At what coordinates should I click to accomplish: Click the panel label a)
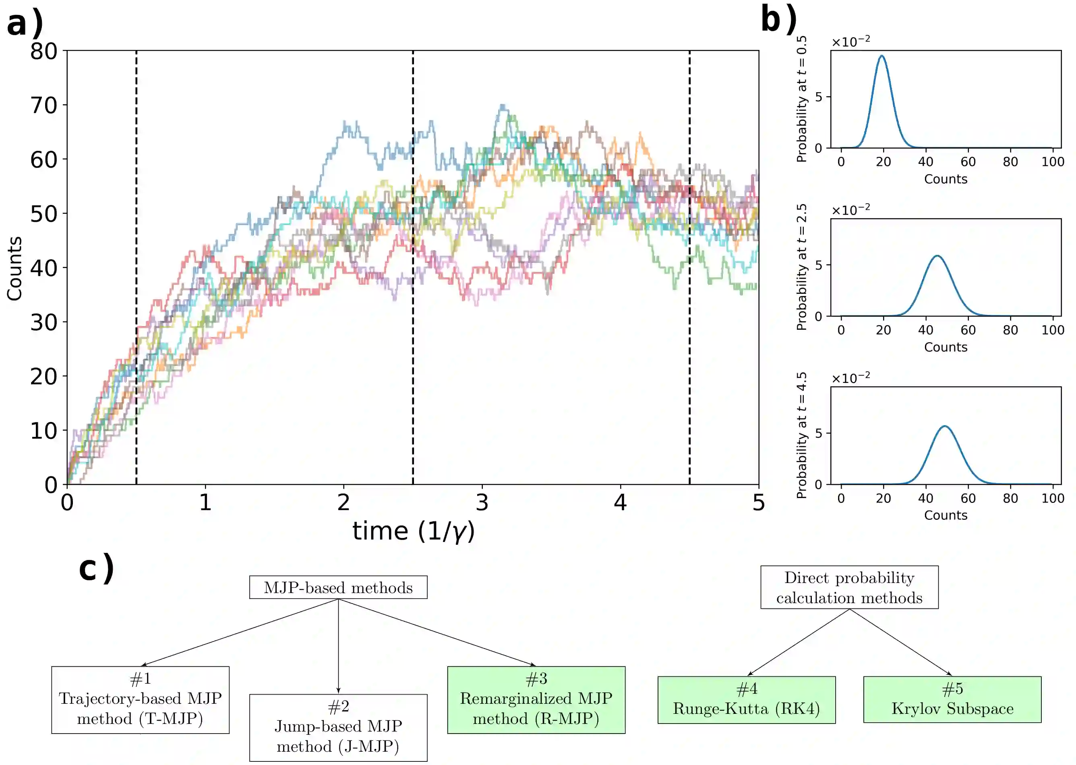click(25, 23)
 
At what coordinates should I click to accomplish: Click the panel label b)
click(778, 20)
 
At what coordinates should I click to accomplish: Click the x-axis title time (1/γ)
click(413, 531)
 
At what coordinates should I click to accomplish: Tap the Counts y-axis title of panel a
click(14, 269)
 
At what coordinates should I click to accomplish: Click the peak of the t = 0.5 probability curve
click(881, 56)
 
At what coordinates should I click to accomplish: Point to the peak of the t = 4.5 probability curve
click(945, 427)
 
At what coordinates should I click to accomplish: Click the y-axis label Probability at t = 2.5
click(801, 267)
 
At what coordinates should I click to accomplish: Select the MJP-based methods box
click(338, 587)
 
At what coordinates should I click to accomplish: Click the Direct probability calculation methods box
click(849, 587)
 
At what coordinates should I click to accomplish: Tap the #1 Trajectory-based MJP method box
click(141, 699)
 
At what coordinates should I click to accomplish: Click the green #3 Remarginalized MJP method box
click(536, 699)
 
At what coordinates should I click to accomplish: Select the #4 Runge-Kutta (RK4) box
click(746, 699)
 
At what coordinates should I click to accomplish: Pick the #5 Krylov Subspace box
click(952, 699)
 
